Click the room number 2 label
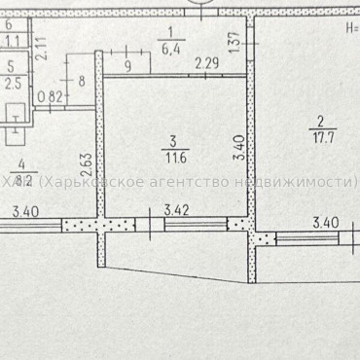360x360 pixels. tap(319, 122)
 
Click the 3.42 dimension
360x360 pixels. tap(176, 209)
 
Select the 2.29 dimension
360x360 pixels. tap(205, 64)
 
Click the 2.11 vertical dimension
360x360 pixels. tap(40, 47)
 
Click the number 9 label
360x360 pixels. tap(127, 66)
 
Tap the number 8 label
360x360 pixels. tap(81, 82)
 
